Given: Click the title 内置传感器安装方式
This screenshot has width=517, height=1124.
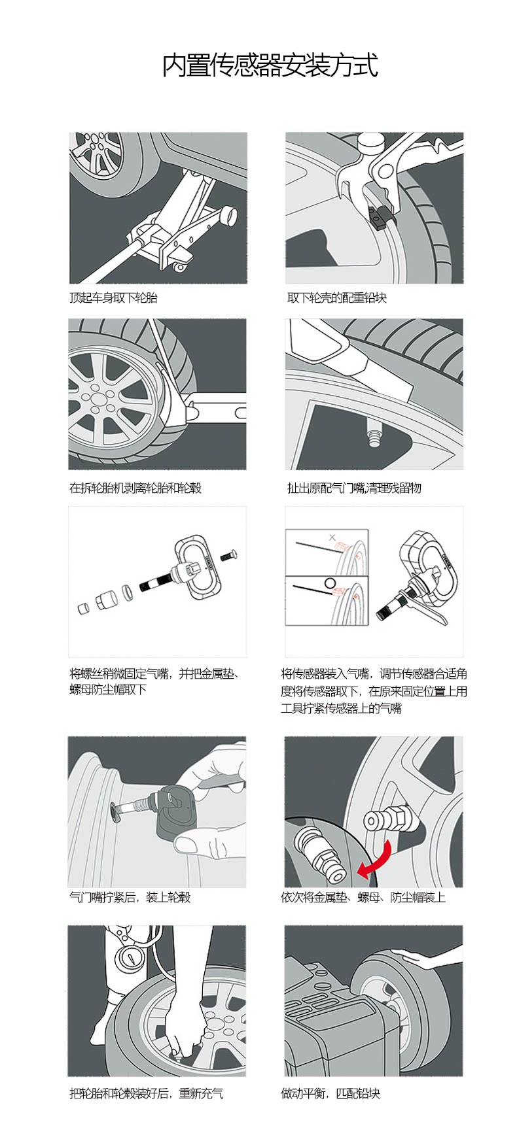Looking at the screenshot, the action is click(270, 66).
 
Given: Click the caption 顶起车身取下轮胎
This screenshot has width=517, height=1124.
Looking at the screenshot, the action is click(114, 298).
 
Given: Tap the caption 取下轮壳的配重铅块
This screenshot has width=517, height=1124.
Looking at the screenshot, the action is click(336, 298).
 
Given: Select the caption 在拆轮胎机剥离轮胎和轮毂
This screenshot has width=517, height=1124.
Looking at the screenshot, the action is click(135, 488).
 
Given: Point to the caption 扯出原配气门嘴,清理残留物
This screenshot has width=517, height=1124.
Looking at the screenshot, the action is click(354, 488).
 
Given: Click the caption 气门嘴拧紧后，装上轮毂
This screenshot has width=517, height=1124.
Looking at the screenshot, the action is click(130, 897).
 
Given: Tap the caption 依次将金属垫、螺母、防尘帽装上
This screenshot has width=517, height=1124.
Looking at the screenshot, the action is click(363, 897).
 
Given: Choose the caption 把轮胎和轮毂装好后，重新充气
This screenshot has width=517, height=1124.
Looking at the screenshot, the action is click(146, 1093).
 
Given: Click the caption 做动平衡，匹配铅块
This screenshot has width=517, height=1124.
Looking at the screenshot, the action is click(330, 1093).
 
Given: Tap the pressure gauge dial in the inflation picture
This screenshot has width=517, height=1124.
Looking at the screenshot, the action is click(128, 958).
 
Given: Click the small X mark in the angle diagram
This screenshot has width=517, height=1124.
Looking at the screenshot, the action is click(332, 537).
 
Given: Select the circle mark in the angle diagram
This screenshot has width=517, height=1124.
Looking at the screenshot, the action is click(330, 583).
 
